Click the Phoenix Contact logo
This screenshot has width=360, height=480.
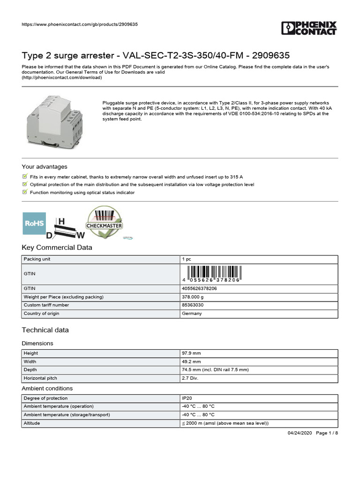(x=309, y=28)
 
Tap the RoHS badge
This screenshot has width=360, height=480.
(x=35, y=224)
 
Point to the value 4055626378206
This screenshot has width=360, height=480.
(x=199, y=288)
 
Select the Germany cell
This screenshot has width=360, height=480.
(x=192, y=314)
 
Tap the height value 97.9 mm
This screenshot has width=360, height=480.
(x=191, y=353)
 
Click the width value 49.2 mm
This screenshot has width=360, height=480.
(x=191, y=362)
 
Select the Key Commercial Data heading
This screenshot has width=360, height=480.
(x=57, y=247)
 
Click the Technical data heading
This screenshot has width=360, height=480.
(x=45, y=330)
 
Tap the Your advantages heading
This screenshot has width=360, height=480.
(x=45, y=167)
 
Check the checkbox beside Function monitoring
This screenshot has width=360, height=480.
(x=25, y=192)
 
